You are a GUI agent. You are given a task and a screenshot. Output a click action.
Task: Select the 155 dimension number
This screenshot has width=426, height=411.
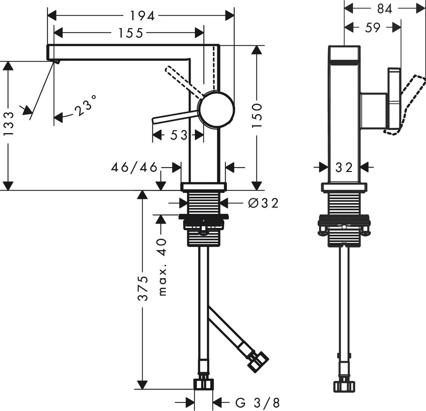coord(130,33)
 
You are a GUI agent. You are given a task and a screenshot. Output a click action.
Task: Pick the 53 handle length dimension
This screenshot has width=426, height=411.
coord(178,135)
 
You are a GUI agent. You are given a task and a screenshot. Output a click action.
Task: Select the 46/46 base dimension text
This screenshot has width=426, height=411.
coord(134,167)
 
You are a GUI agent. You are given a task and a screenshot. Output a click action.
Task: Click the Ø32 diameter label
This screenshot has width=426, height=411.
coord(263,203)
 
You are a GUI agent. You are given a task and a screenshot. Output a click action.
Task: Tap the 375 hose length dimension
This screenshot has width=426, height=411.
coord(142,288)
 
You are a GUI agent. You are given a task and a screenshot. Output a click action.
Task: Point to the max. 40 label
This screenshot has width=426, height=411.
coord(162,267)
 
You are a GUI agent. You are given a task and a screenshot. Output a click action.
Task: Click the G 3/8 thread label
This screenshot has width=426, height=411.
coord(258,402)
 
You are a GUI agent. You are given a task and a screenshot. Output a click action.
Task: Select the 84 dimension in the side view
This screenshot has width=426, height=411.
coord(385,9)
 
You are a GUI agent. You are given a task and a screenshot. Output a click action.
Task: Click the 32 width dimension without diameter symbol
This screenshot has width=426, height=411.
coord(344,167)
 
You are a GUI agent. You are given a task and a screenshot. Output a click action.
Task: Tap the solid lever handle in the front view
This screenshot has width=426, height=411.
coord(175,116)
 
